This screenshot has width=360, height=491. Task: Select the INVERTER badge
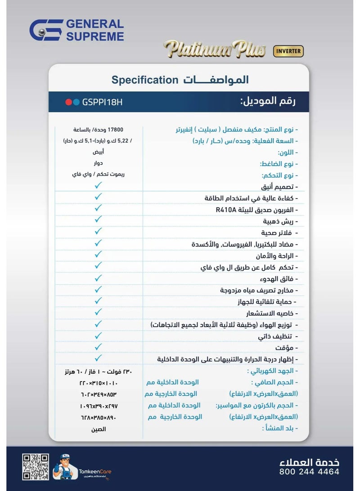point(288,51)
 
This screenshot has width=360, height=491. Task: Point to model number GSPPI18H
point(103,102)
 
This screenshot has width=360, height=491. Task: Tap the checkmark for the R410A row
point(99,208)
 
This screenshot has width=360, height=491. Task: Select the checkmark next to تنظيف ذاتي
point(99,335)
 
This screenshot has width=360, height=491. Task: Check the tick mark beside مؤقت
point(99,347)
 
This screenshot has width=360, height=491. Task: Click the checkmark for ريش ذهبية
point(99,220)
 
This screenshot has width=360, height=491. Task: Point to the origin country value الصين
point(99,429)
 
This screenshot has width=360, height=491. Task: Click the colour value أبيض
point(99,152)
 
